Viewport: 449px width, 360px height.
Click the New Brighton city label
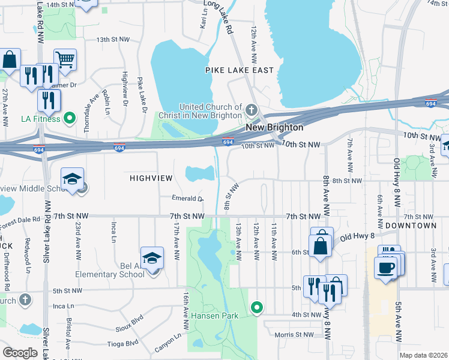coord(273,128)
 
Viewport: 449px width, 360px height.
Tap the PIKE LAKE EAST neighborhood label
coord(240,70)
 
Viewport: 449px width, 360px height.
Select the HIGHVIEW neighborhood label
coord(151,178)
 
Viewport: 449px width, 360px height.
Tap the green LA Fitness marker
coord(70,118)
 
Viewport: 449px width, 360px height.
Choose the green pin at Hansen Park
coord(257,308)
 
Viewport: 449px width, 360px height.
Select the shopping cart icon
coord(65,59)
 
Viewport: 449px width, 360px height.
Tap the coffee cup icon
coord(385,268)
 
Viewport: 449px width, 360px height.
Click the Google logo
coord(20,352)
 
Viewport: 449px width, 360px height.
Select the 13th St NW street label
coord(113,40)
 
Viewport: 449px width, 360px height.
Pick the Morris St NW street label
coord(294,335)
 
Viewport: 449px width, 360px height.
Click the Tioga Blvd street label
coord(123,344)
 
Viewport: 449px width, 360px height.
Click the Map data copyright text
coord(423,355)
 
